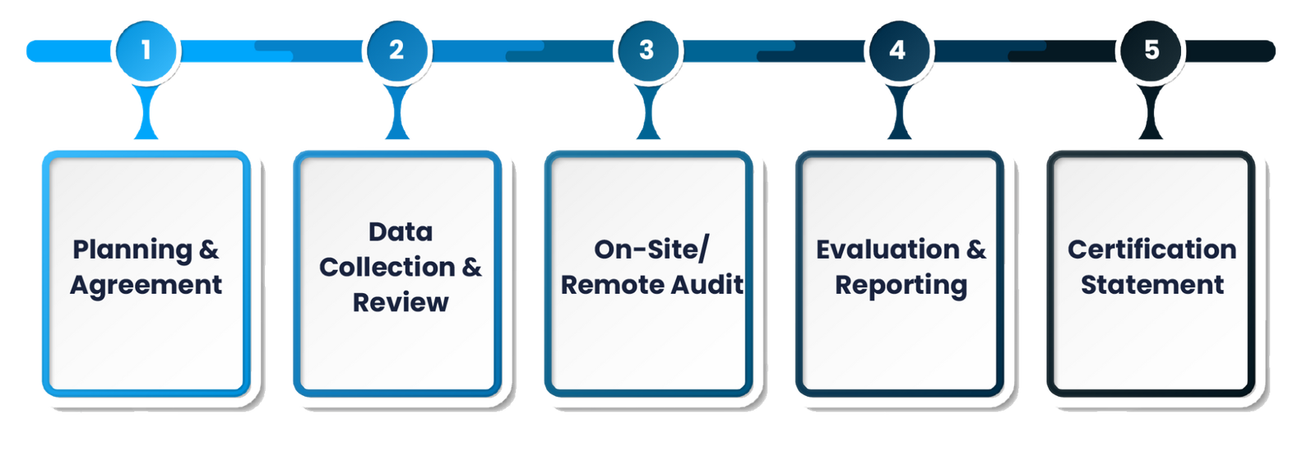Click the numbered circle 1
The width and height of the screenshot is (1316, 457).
(x=146, y=50)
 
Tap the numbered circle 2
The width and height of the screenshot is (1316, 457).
(x=396, y=50)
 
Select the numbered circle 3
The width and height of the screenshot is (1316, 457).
(x=646, y=50)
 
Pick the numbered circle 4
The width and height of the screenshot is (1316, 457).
(x=897, y=50)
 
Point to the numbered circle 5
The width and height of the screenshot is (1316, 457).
(x=1151, y=50)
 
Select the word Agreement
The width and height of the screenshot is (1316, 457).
(x=146, y=285)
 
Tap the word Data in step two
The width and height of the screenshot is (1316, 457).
(x=401, y=231)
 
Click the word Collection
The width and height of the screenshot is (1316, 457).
(x=387, y=267)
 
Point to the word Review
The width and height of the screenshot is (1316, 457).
(x=401, y=302)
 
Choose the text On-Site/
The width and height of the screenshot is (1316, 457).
(x=651, y=249)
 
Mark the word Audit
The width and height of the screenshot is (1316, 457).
(x=707, y=285)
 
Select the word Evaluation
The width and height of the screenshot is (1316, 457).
(x=887, y=249)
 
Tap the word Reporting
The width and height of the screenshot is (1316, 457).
(x=901, y=286)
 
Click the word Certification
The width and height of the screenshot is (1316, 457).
(x=1151, y=249)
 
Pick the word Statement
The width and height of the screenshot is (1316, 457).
(x=1151, y=285)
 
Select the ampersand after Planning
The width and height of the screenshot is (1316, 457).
(x=209, y=249)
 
